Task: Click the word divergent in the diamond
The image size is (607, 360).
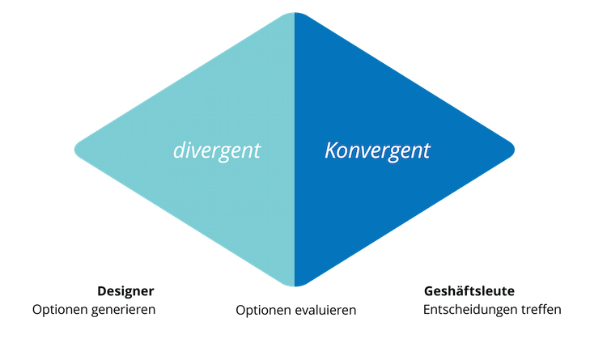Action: coord(216,150)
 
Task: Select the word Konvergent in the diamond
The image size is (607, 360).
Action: coord(377,150)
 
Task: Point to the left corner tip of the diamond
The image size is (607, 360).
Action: coord(75,150)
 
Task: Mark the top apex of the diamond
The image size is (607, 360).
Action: coord(295,13)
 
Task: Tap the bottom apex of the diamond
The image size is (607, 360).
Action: coord(295,286)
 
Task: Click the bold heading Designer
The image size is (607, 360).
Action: coord(125,291)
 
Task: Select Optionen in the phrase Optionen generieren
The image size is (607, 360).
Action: coord(61,310)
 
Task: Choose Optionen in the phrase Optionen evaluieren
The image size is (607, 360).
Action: coord(264,310)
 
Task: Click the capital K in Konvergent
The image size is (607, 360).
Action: coord(330,150)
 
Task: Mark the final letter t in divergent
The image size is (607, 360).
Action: coord(257,150)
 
